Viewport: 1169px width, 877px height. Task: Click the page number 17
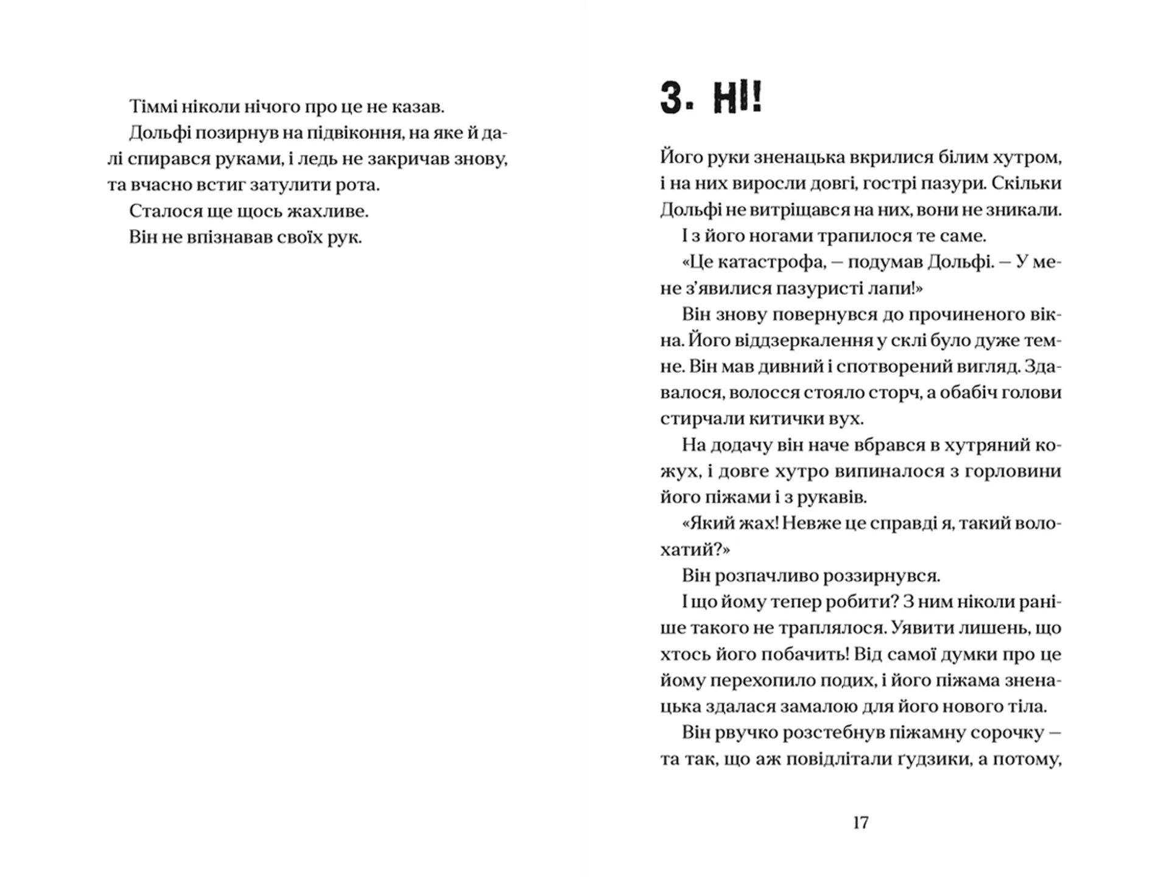(860, 823)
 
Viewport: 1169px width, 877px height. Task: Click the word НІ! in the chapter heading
(737, 99)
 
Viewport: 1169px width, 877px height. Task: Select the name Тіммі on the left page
(153, 107)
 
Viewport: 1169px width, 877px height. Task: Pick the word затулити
(292, 185)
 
